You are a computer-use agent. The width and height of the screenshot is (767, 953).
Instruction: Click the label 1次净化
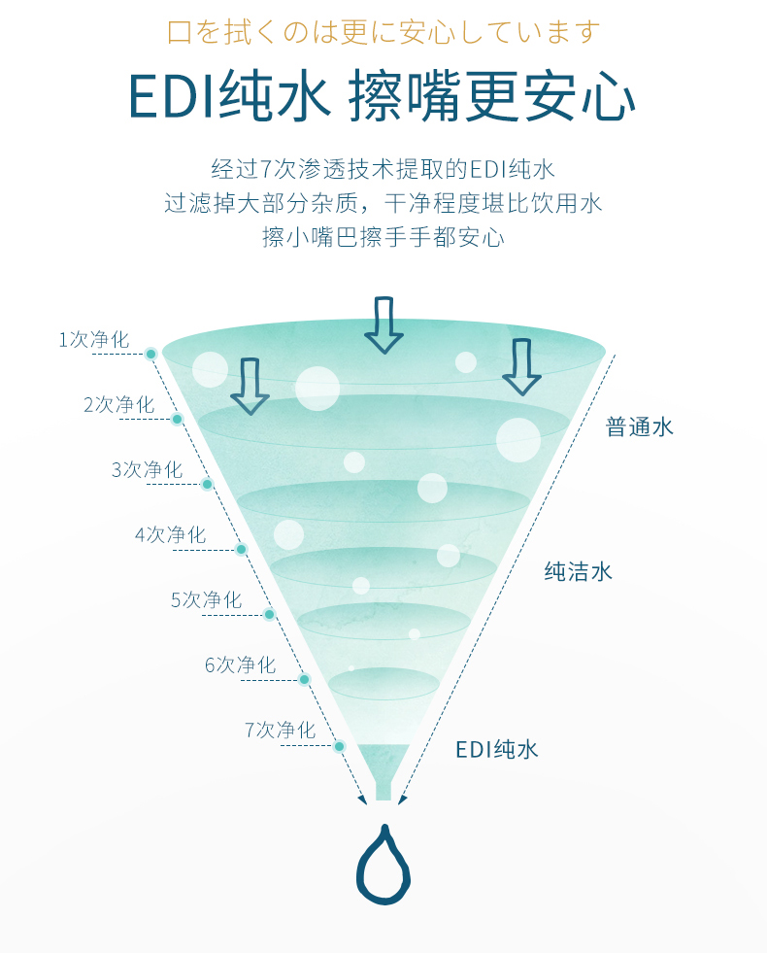(x=94, y=340)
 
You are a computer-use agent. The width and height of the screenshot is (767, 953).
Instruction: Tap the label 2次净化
(x=119, y=405)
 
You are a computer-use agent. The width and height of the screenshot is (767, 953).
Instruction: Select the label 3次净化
(x=147, y=470)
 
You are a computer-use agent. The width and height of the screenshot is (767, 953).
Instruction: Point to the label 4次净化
(x=171, y=535)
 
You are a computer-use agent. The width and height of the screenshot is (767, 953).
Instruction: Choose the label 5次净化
(x=207, y=600)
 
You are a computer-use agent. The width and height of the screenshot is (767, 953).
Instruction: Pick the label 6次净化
(x=241, y=664)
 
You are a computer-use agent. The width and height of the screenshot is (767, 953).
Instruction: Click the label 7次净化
(x=280, y=730)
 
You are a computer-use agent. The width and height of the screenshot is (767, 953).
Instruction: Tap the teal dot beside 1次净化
(x=151, y=354)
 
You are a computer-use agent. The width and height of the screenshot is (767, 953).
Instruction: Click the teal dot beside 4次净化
(x=241, y=550)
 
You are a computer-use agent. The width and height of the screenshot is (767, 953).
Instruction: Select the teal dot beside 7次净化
(x=340, y=746)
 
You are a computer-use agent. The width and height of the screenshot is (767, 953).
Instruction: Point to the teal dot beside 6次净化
(x=305, y=679)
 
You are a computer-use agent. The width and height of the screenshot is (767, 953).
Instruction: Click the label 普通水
(x=640, y=426)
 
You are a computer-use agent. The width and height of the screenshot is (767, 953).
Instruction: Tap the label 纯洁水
(x=578, y=571)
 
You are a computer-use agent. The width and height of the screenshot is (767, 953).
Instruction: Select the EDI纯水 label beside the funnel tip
(x=497, y=749)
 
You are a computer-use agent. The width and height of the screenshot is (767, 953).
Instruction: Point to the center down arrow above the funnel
(x=383, y=325)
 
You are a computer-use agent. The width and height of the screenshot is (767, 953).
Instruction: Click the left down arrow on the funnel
(x=250, y=387)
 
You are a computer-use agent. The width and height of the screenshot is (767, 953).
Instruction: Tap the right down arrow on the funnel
(x=521, y=367)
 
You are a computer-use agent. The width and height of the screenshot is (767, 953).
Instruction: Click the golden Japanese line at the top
(x=383, y=32)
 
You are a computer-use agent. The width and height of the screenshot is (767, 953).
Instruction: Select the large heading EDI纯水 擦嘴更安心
(x=383, y=96)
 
